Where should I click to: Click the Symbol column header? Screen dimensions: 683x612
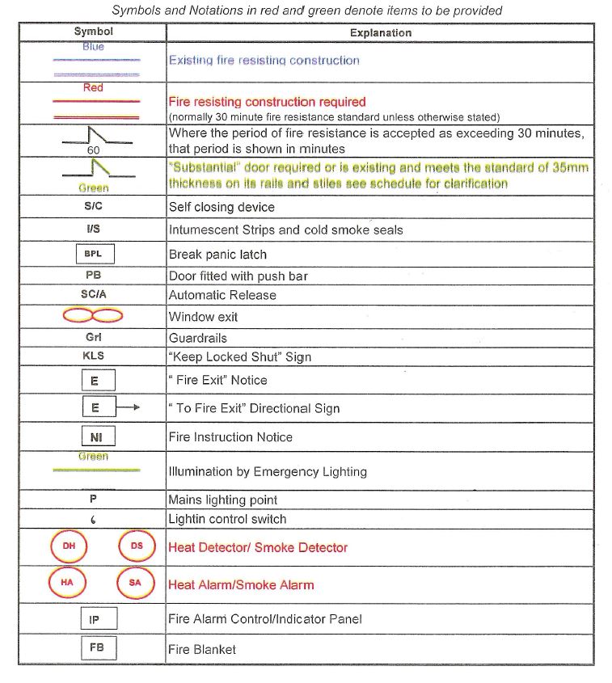click(93, 32)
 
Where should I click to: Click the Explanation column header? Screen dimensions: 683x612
click(380, 33)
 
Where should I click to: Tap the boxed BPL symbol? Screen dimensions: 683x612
click(93, 254)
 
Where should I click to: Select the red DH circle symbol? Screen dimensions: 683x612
click(69, 546)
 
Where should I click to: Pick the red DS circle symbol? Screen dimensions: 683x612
click(136, 546)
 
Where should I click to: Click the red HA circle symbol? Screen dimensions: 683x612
click(67, 583)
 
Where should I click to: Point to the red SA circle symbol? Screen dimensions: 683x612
click(135, 583)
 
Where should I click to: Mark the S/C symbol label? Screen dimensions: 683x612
click(93, 206)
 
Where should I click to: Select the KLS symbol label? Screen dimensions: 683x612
click(93, 356)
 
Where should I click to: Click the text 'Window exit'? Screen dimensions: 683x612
click(203, 317)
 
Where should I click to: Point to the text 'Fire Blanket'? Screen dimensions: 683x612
click(202, 649)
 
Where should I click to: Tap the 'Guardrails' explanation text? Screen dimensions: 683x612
click(198, 338)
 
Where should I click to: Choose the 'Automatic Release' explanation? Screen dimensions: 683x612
click(222, 295)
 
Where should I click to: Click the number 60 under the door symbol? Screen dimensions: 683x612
click(94, 150)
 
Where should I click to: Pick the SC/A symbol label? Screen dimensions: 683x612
click(93, 294)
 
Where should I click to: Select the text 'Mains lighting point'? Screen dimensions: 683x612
click(223, 500)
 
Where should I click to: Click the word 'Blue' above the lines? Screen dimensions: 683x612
click(93, 47)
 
